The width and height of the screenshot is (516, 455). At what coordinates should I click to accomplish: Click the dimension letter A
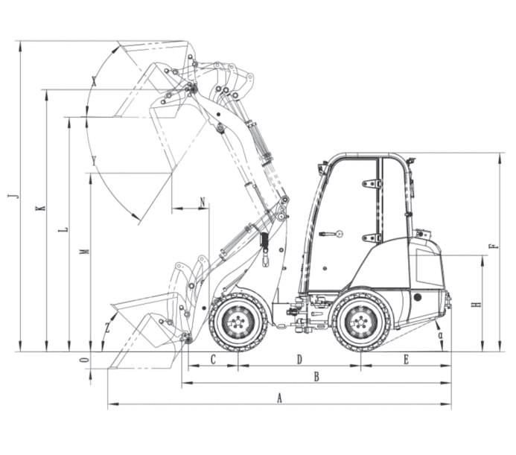tap(279, 398)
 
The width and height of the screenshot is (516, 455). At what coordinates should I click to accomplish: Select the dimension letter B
tap(316, 377)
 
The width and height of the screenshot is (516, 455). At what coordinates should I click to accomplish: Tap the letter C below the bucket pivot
tap(213, 360)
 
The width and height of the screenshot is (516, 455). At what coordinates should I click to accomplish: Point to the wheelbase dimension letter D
tap(299, 360)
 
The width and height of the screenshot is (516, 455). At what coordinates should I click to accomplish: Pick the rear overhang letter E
tap(406, 360)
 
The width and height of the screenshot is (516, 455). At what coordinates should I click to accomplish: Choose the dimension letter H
tap(477, 305)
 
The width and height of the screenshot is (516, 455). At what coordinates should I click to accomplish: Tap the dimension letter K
tap(40, 208)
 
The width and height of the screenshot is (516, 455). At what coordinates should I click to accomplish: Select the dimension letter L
tap(63, 229)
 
